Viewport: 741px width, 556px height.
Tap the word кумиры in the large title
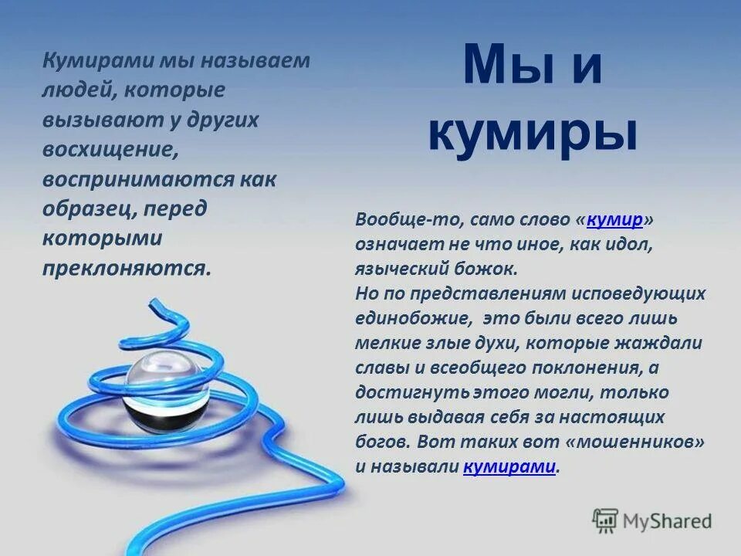tap(533, 133)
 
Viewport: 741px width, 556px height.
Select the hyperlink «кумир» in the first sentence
tap(614, 219)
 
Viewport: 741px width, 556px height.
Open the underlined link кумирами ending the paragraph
tap(509, 466)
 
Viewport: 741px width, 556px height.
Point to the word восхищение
tap(110, 150)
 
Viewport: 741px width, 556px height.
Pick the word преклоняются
tap(125, 268)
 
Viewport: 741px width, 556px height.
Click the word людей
tap(76, 90)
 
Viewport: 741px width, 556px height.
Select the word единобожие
tap(413, 318)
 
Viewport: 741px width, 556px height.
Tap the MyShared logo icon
tap(605, 521)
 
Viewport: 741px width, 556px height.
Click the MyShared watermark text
tap(668, 521)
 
